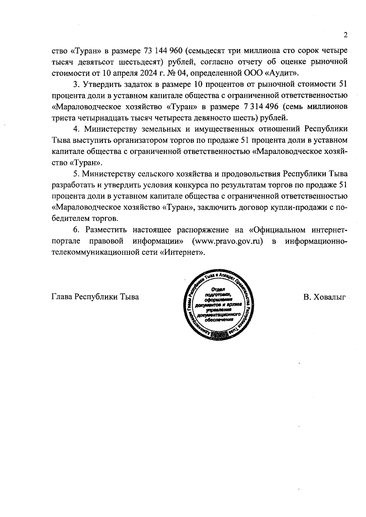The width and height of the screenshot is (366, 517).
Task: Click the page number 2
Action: coord(346,35)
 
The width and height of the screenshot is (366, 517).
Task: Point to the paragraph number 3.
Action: coord(76,84)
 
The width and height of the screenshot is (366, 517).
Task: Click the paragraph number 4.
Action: coord(76,129)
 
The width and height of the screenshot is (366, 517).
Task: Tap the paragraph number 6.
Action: coord(76,230)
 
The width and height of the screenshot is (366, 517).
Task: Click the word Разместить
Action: coord(105,230)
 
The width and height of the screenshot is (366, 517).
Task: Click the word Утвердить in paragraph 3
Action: coord(100,84)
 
